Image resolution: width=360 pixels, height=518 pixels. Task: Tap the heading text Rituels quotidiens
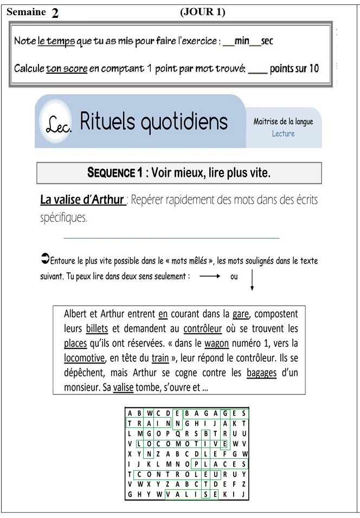tap(154, 121)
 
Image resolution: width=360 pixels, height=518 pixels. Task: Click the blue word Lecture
tap(283, 133)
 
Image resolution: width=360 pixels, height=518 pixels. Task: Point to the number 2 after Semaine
tap(55, 14)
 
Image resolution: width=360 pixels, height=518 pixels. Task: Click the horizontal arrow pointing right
tap(209, 276)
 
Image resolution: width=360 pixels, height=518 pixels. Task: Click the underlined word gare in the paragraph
tap(240, 314)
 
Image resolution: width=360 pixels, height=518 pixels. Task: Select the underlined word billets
tap(97, 329)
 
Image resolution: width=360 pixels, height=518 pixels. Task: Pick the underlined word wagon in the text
tap(216, 343)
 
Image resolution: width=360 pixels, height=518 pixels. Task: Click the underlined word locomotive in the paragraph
tap(84, 358)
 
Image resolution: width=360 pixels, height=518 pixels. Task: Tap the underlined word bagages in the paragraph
tap(261, 373)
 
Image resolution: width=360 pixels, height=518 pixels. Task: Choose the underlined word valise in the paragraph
tap(124, 388)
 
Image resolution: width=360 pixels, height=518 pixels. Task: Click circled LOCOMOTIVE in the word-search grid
tap(184, 443)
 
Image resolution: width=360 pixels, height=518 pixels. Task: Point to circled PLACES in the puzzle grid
tap(220, 464)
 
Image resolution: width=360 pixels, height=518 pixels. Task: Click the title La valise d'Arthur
tap(82, 200)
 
